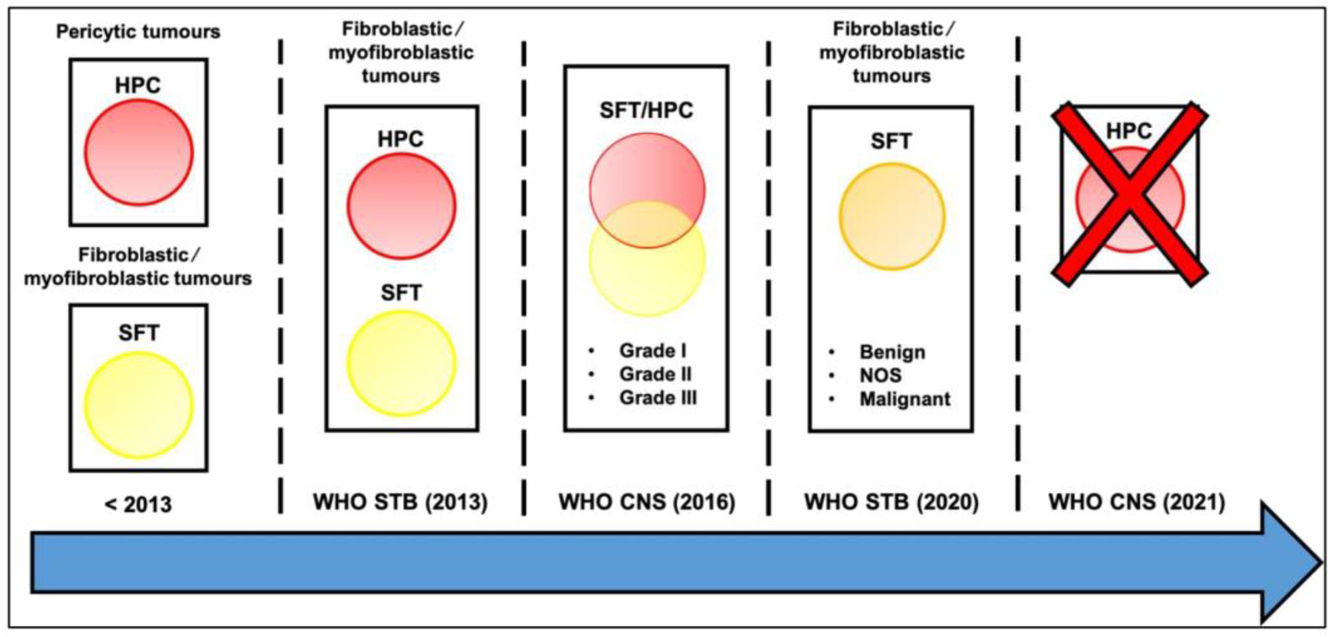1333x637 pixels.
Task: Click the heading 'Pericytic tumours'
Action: (138, 32)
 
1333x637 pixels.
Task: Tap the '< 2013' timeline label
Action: (138, 503)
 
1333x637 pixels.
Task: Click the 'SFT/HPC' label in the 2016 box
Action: (646, 111)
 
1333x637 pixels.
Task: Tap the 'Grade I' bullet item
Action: (653, 351)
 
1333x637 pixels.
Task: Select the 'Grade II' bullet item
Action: (655, 374)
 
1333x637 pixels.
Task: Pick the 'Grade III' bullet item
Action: (658, 397)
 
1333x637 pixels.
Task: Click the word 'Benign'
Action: (892, 353)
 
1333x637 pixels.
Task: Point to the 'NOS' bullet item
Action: (880, 376)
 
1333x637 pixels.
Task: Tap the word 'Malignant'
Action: (904, 399)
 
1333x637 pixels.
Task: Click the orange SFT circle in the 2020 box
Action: (891, 216)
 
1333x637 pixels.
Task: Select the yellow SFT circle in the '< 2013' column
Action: (139, 405)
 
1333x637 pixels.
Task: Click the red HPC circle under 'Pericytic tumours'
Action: (139, 152)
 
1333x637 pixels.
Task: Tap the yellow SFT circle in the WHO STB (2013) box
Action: (401, 363)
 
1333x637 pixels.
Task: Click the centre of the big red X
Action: (1130, 194)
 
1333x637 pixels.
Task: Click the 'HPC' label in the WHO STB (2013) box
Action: (401, 139)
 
